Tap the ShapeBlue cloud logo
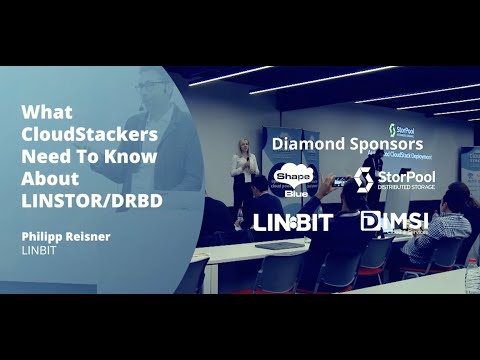(x=293, y=179)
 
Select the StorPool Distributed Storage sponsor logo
(x=393, y=179)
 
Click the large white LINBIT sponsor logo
(x=292, y=222)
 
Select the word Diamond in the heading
(x=301, y=144)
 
